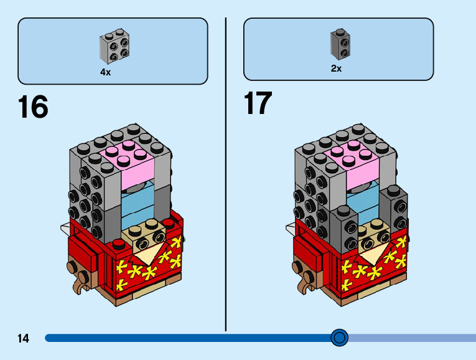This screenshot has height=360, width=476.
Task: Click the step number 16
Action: (33, 107)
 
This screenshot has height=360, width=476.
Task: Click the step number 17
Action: (258, 103)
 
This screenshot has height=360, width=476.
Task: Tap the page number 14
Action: (23, 339)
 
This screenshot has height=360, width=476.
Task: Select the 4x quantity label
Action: (106, 72)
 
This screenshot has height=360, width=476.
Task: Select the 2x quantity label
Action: (336, 69)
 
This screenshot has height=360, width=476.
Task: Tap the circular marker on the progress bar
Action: (339, 338)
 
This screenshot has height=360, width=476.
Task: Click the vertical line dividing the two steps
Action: (225, 174)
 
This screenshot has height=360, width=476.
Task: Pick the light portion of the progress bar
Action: (411, 338)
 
